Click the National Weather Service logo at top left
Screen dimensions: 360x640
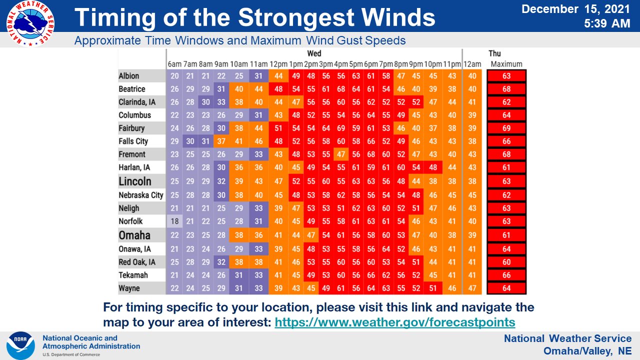point(30,23)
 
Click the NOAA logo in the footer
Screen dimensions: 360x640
point(20,345)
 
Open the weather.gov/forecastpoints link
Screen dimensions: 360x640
point(395,322)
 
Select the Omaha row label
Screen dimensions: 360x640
point(134,235)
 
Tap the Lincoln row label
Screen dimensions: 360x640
point(134,181)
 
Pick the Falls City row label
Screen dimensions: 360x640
point(133,141)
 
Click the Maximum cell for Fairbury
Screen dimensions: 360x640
point(506,128)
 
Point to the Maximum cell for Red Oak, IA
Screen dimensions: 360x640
point(506,262)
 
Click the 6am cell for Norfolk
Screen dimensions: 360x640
point(174,221)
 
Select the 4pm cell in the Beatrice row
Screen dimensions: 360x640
point(341,89)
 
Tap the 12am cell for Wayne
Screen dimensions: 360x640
point(471,288)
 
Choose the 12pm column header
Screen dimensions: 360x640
point(278,64)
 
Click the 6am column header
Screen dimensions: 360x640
point(174,64)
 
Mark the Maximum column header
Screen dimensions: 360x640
point(506,64)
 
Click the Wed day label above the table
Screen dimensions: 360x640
point(314,53)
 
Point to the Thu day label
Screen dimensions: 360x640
point(494,53)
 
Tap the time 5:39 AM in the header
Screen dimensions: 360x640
point(607,23)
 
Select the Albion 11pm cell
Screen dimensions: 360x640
point(452,76)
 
